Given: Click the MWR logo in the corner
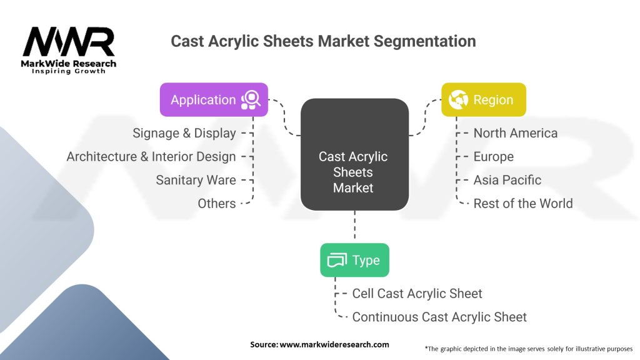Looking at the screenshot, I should coord(69,50).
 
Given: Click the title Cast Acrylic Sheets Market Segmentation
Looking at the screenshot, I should coord(323,41).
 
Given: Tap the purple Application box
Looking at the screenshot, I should coord(214,100).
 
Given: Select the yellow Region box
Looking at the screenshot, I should coord(484,100).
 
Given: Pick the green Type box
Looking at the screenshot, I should coord(354,260).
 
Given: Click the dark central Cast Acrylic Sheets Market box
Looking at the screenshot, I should coord(354,154).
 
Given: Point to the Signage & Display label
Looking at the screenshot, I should coord(184,133).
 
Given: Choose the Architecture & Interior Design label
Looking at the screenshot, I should coord(151,157).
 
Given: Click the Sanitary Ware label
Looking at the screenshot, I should coord(196,180).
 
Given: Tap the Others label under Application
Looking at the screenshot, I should coord(217,204).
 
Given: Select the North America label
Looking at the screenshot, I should coord(516,133).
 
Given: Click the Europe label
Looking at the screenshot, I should coord(494,157).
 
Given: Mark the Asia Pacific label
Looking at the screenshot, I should coord(507,180).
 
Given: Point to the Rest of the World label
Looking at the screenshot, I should coord(523,204).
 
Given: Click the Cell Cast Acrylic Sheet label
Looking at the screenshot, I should coord(417,293).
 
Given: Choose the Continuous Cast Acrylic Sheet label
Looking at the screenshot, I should coord(439,317).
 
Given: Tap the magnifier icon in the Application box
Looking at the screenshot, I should coord(251,100).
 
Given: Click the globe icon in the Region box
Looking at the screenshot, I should coord(458,100).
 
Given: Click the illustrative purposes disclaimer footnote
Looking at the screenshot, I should coord(529,348).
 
